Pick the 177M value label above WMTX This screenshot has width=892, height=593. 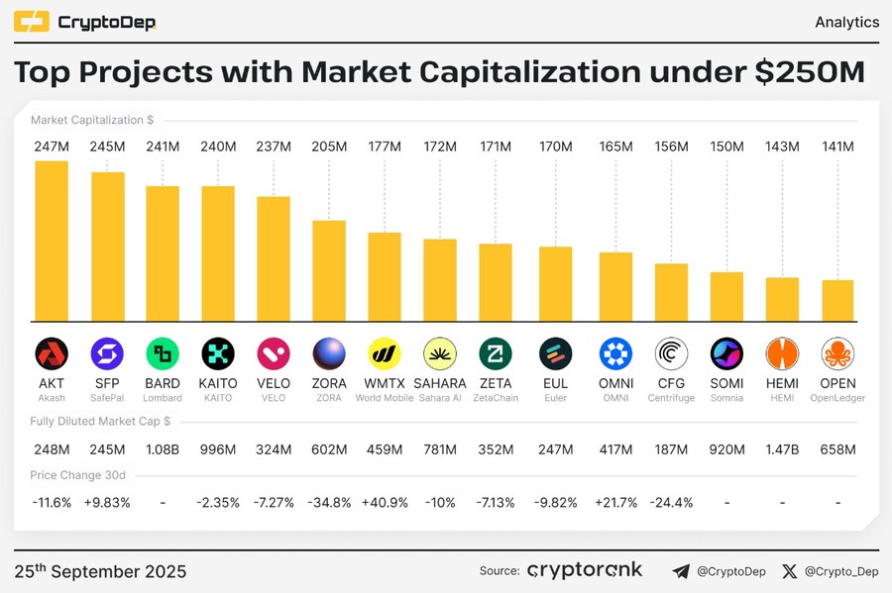click(385, 147)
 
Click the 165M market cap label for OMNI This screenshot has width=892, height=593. click(615, 147)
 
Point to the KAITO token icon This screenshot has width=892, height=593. click(218, 353)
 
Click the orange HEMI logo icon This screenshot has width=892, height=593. click(782, 353)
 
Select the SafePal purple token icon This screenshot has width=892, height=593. click(107, 353)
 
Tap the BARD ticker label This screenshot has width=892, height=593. click(163, 383)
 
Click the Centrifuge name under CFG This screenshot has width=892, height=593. click(671, 398)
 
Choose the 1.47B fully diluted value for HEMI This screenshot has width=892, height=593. click(782, 449)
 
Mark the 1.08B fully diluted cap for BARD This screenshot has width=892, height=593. click(163, 449)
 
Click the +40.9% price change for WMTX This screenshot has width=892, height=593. click(385, 502)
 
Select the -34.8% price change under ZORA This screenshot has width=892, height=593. click(329, 502)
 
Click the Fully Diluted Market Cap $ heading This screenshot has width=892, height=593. click(100, 422)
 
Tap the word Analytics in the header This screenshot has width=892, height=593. click(846, 22)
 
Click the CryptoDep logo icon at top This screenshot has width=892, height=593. click(31, 22)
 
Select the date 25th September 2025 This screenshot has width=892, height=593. click(100, 571)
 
